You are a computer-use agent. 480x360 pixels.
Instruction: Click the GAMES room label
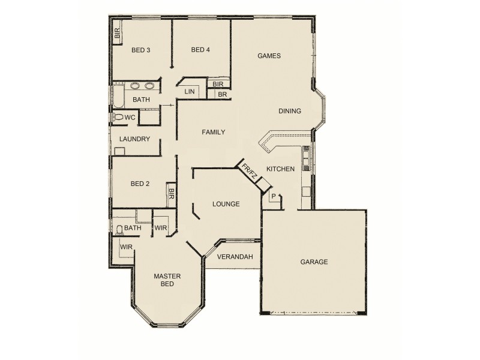269,56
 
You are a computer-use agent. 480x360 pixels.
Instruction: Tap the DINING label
290,111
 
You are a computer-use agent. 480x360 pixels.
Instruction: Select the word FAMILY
213,132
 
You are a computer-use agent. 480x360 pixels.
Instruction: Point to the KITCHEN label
280,169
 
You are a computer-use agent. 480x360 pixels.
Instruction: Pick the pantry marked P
274,196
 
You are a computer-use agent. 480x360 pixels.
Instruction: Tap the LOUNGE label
226,204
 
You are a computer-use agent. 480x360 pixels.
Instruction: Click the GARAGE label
314,262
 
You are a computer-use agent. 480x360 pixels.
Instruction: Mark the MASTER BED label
167,280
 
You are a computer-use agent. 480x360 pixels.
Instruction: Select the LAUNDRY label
134,139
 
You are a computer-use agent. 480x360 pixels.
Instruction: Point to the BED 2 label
139,184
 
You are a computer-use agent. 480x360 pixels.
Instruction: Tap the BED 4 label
200,50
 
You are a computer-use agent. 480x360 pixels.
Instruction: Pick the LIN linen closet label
190,92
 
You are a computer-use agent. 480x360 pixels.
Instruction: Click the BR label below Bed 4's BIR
222,94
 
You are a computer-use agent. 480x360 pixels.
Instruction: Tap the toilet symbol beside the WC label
118,118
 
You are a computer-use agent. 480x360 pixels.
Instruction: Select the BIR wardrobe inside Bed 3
118,34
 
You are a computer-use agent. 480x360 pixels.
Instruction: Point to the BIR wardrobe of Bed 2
171,194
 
